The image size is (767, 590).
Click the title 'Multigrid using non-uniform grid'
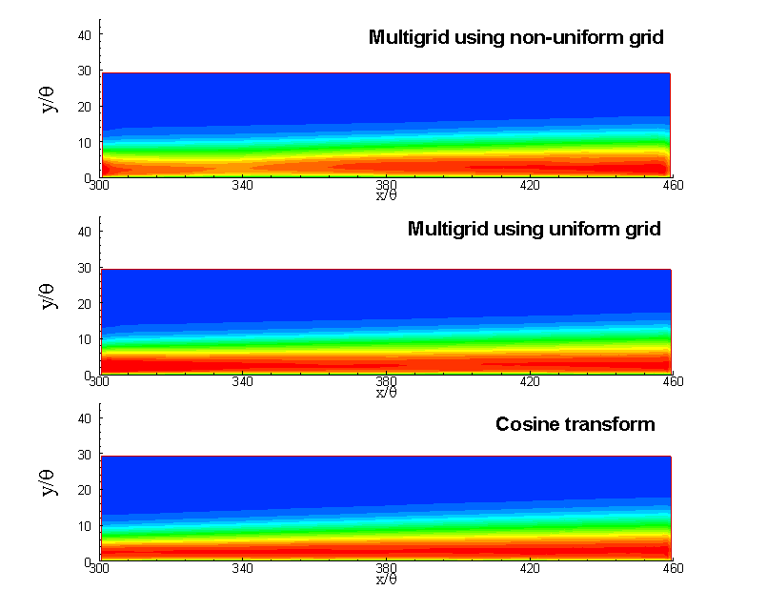point(515,38)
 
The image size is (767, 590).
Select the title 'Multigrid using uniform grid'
point(534,229)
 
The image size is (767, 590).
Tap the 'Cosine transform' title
point(575,424)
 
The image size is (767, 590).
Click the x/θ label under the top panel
point(385,196)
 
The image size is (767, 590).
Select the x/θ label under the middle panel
point(385,392)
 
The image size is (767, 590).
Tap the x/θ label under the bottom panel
point(385,579)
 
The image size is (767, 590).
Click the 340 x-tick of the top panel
point(242,186)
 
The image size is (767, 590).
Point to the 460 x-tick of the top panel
point(673,186)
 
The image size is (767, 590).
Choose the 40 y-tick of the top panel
point(83,35)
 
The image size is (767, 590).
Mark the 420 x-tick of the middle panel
point(530,382)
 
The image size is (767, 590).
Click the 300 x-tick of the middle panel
point(98,382)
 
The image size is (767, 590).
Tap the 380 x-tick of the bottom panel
point(386,569)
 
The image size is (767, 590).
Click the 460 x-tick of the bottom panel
point(673,569)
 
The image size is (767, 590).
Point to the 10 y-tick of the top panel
point(83,143)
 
